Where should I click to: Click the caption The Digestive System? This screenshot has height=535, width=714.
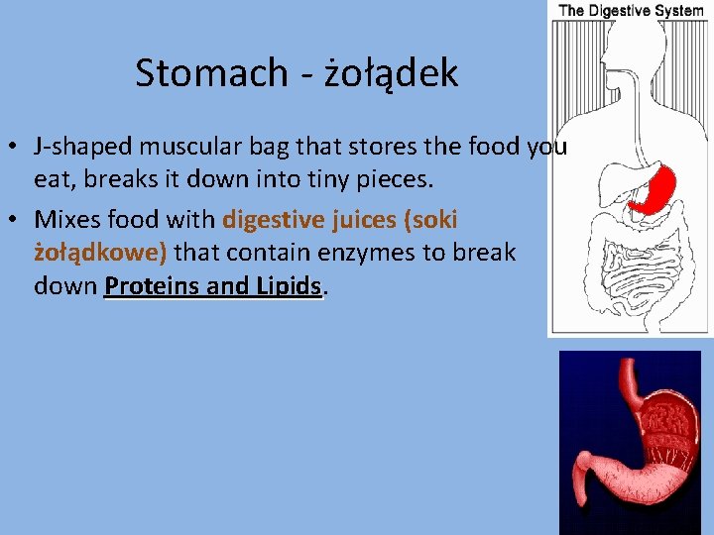click(631, 11)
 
